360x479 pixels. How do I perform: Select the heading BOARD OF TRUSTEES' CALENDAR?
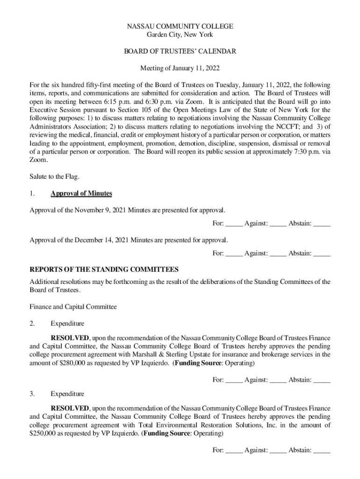(x=180, y=51)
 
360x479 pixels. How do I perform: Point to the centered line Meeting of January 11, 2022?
(x=180, y=69)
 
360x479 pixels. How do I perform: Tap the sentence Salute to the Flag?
(x=55, y=176)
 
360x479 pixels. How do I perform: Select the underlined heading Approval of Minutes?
(x=81, y=194)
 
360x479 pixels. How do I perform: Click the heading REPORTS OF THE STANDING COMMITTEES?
(x=104, y=270)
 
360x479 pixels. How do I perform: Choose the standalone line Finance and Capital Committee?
(x=73, y=307)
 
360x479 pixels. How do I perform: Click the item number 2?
(x=32, y=323)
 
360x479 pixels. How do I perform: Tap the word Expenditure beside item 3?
(x=67, y=394)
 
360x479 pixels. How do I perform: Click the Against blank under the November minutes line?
(x=278, y=224)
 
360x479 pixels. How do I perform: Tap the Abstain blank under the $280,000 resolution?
(x=322, y=380)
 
